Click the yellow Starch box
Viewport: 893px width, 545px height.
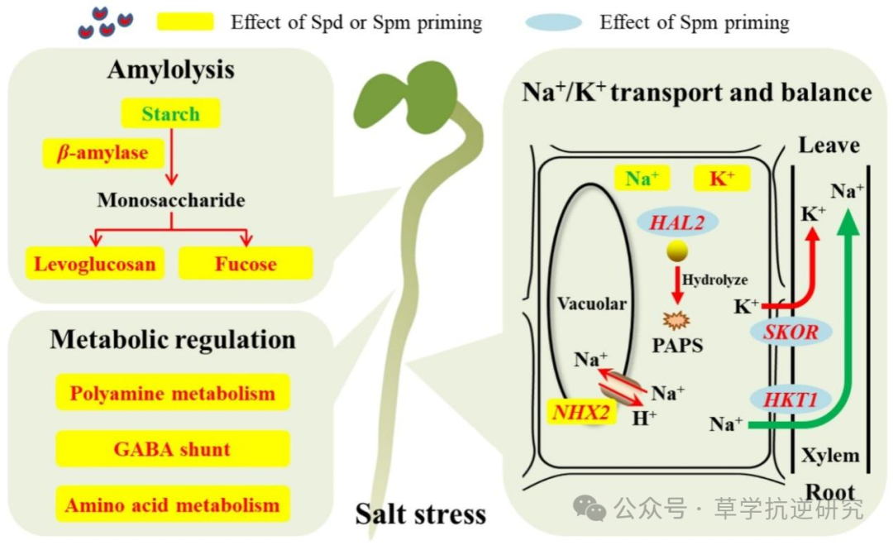[x=170, y=114]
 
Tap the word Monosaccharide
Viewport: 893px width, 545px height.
[x=171, y=200]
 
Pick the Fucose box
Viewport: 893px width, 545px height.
[x=246, y=264]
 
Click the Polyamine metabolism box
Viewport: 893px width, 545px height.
[x=172, y=393]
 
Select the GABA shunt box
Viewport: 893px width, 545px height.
[x=172, y=449]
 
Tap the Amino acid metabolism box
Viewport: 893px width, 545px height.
[x=172, y=504]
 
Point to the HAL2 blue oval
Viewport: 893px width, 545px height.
[x=677, y=222]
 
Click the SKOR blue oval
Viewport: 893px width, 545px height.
[x=790, y=332]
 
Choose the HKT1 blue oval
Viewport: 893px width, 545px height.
[x=790, y=400]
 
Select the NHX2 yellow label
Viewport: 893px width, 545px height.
[x=585, y=411]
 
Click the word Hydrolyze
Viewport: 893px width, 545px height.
[x=714, y=280]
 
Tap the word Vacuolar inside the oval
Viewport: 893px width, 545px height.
[x=591, y=304]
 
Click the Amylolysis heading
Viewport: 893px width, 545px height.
[x=170, y=69]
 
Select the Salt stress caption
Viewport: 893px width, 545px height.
[x=421, y=514]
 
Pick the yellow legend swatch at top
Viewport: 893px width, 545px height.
[x=185, y=22]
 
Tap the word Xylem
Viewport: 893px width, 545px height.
[x=829, y=455]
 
